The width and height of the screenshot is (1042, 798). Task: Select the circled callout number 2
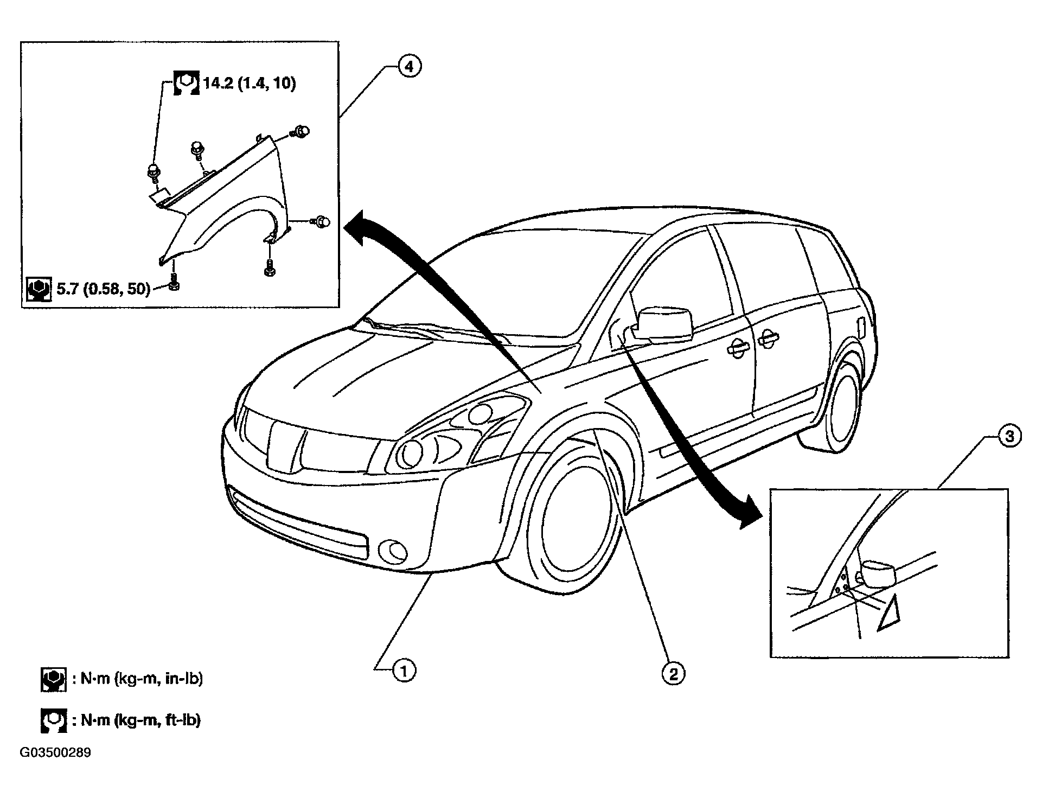673,674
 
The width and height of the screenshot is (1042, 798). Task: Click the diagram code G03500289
56,753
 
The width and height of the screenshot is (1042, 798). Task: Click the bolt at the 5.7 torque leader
174,283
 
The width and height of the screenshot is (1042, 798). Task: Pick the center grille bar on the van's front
285,447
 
